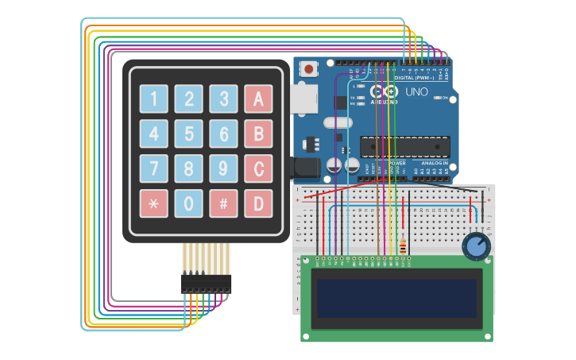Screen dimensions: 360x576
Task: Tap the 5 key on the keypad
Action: click(x=188, y=134)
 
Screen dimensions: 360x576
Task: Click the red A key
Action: click(x=258, y=99)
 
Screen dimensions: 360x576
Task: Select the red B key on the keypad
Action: click(x=258, y=134)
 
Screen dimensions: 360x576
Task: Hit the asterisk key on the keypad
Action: click(x=153, y=203)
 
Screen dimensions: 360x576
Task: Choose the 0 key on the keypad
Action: click(x=188, y=203)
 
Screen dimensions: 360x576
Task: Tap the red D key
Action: click(x=258, y=203)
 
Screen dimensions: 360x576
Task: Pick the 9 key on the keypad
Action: click(x=223, y=168)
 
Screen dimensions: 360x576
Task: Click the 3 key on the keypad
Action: click(x=223, y=99)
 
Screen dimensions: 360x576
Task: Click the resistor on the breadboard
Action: click(x=403, y=246)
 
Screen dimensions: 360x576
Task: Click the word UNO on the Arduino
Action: click(x=417, y=92)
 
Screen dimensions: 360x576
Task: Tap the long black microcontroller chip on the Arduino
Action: click(x=405, y=147)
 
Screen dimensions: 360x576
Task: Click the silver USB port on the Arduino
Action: click(x=303, y=98)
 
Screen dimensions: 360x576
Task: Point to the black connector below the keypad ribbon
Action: click(x=206, y=284)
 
